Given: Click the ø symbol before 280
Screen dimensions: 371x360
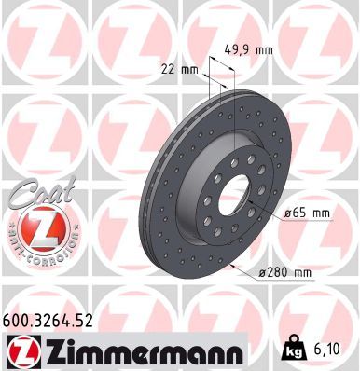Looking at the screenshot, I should coord(265,271).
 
